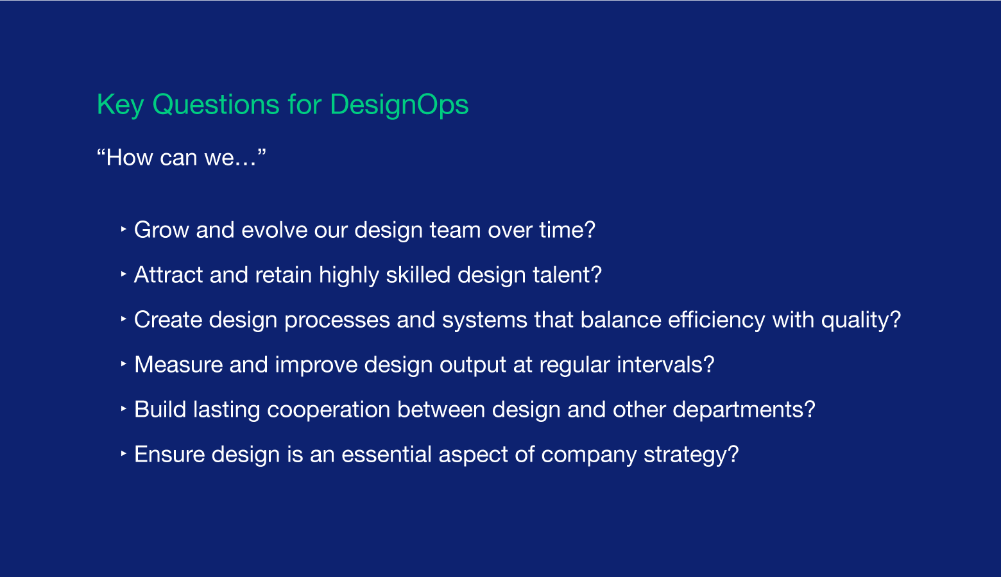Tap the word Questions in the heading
(216, 105)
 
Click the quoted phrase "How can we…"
(182, 157)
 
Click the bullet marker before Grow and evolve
(124, 229)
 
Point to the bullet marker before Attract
(124, 274)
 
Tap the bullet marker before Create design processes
(124, 319)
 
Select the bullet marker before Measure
(124, 364)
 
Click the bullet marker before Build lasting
(124, 408)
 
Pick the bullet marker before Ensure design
(124, 454)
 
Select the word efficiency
(717, 321)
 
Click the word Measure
(178, 364)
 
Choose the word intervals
(665, 364)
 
